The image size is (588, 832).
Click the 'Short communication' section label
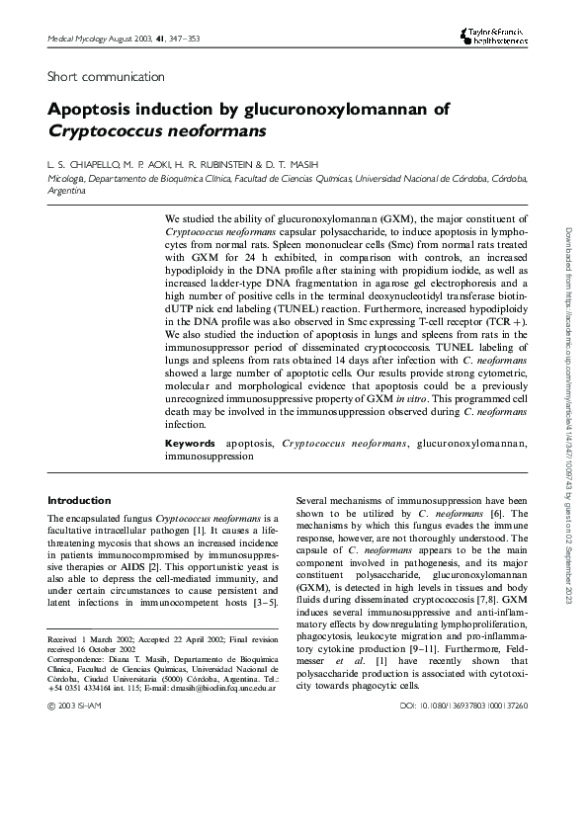(106, 76)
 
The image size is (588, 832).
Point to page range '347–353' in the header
(190, 38)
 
